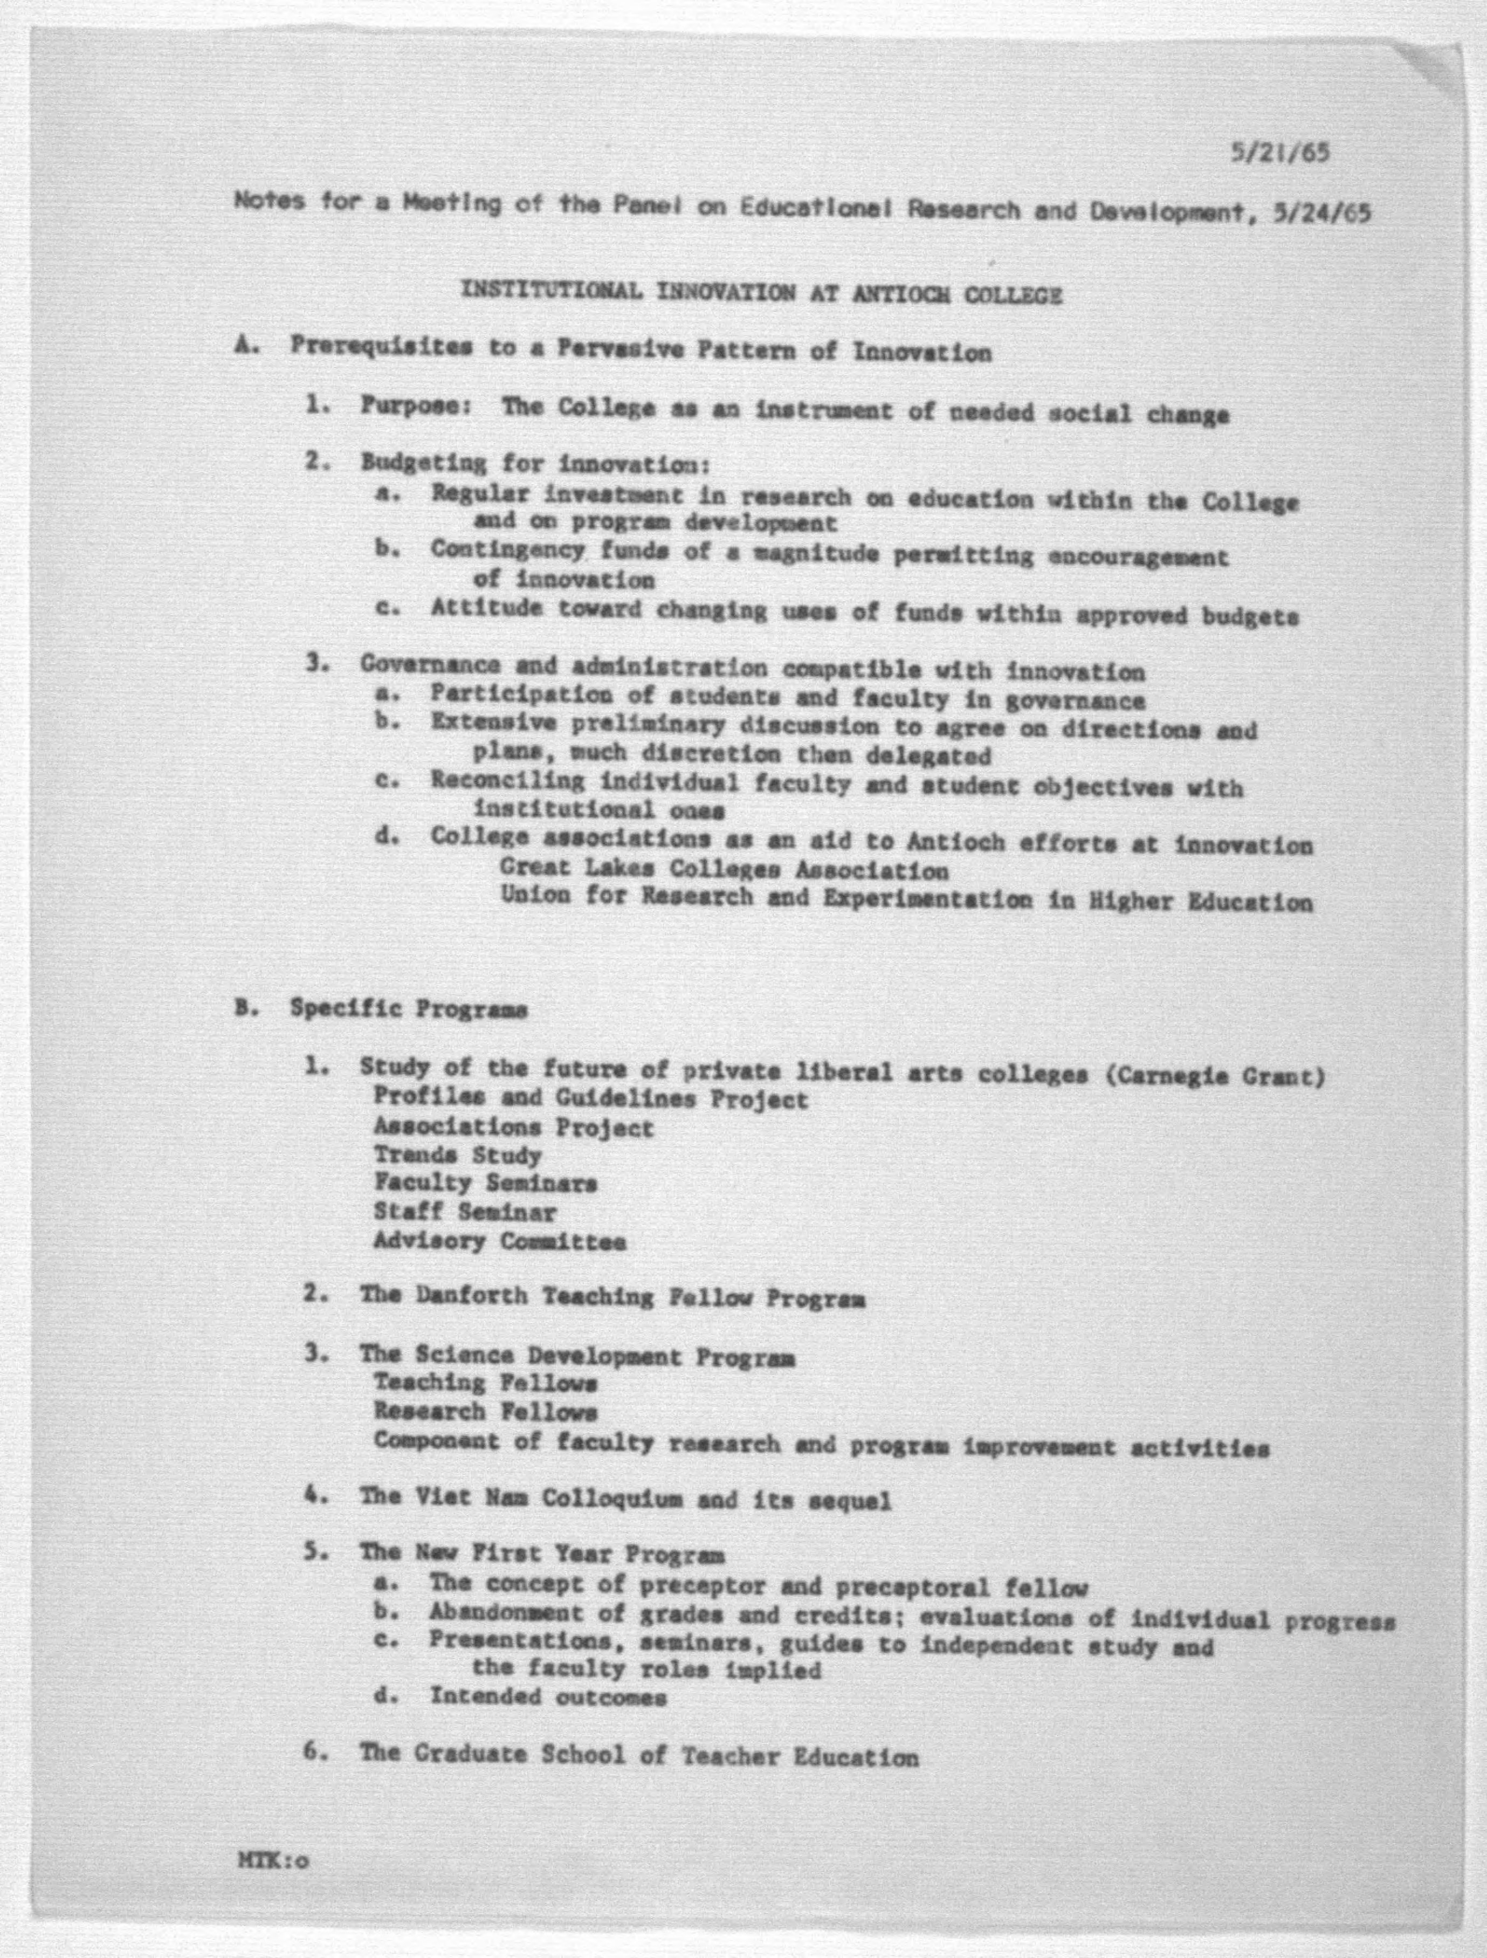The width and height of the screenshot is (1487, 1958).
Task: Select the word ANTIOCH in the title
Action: pos(900,295)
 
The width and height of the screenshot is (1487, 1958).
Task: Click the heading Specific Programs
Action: pos(408,1009)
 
